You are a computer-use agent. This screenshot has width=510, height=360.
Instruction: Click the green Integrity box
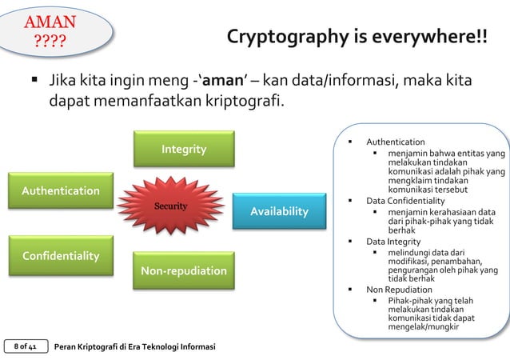[x=184, y=150]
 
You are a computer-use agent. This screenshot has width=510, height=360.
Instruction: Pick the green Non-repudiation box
[x=184, y=272]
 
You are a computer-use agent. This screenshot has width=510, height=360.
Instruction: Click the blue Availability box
[x=279, y=211]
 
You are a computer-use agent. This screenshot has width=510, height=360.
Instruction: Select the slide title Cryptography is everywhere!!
[x=357, y=38]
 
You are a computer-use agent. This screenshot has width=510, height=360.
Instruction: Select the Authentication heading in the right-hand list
[x=395, y=142]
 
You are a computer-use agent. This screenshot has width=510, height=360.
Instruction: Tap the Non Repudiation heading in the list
[x=399, y=289]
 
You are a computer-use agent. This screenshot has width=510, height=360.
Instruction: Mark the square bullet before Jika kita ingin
[x=36, y=82]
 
